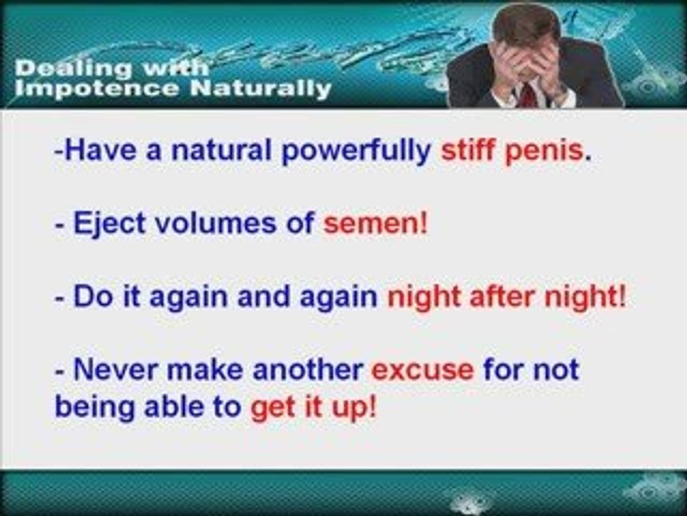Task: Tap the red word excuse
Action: pyautogui.click(x=422, y=370)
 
